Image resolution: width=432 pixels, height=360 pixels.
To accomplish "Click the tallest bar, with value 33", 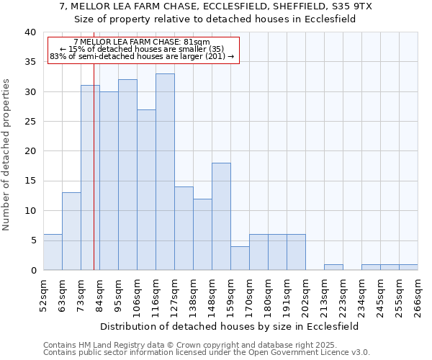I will click(x=165, y=172).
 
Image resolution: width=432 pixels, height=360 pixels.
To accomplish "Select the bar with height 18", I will click(x=221, y=216).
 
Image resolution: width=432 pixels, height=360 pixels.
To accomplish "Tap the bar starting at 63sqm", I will click(x=71, y=231).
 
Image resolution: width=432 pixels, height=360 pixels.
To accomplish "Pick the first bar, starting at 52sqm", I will click(x=53, y=252).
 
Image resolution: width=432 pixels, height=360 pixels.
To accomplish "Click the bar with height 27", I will click(x=146, y=189).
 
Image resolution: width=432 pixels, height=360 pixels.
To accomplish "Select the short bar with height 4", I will click(x=240, y=258).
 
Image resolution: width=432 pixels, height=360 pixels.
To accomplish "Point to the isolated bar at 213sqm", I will click(x=333, y=267).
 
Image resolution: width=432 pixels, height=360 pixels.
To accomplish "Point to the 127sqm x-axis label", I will click(x=174, y=296).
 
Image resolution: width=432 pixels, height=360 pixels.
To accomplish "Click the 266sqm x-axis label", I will click(x=418, y=296).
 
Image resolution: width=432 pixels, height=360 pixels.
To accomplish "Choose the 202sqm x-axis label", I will click(x=305, y=296).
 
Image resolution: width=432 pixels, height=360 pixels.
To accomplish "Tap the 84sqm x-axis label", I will click(x=99, y=296).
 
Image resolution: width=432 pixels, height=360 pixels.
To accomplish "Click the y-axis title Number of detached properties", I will click(x=7, y=165).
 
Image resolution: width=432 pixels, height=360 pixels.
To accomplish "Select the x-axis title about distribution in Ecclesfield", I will click(x=229, y=326).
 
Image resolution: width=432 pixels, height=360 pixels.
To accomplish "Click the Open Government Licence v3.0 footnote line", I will click(x=207, y=353).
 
